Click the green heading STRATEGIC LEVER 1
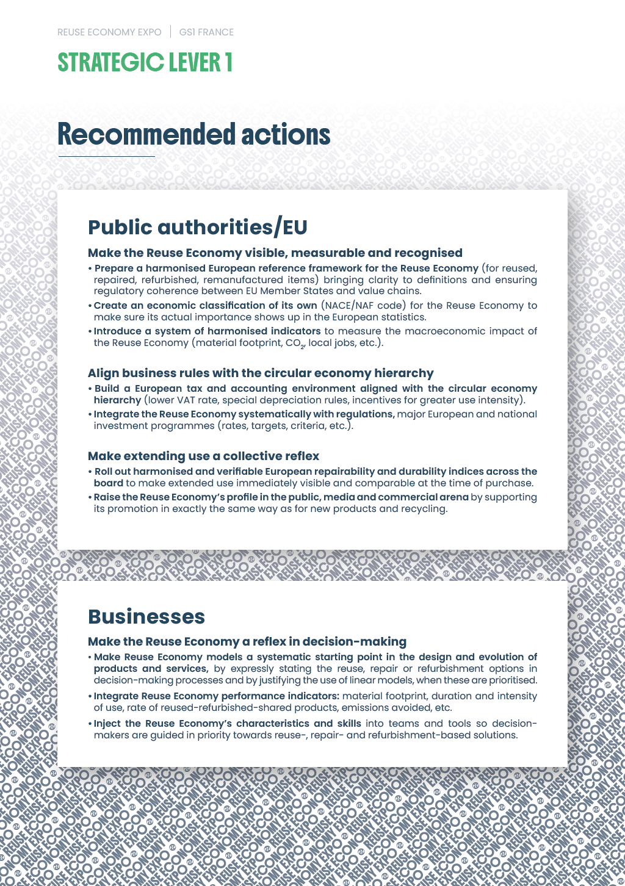point(145,63)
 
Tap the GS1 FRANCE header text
point(206,32)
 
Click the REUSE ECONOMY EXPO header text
point(109,32)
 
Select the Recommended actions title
point(193,135)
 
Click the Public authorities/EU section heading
point(197,227)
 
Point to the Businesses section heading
point(146,616)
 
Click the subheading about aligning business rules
point(261,373)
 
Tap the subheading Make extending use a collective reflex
point(203,456)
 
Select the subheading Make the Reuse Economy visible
point(275,253)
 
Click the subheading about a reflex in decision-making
point(247,641)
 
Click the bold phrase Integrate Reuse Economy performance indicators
point(216,696)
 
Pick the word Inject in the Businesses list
point(107,723)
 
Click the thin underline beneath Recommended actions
point(107,157)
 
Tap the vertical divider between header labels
point(171,32)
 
